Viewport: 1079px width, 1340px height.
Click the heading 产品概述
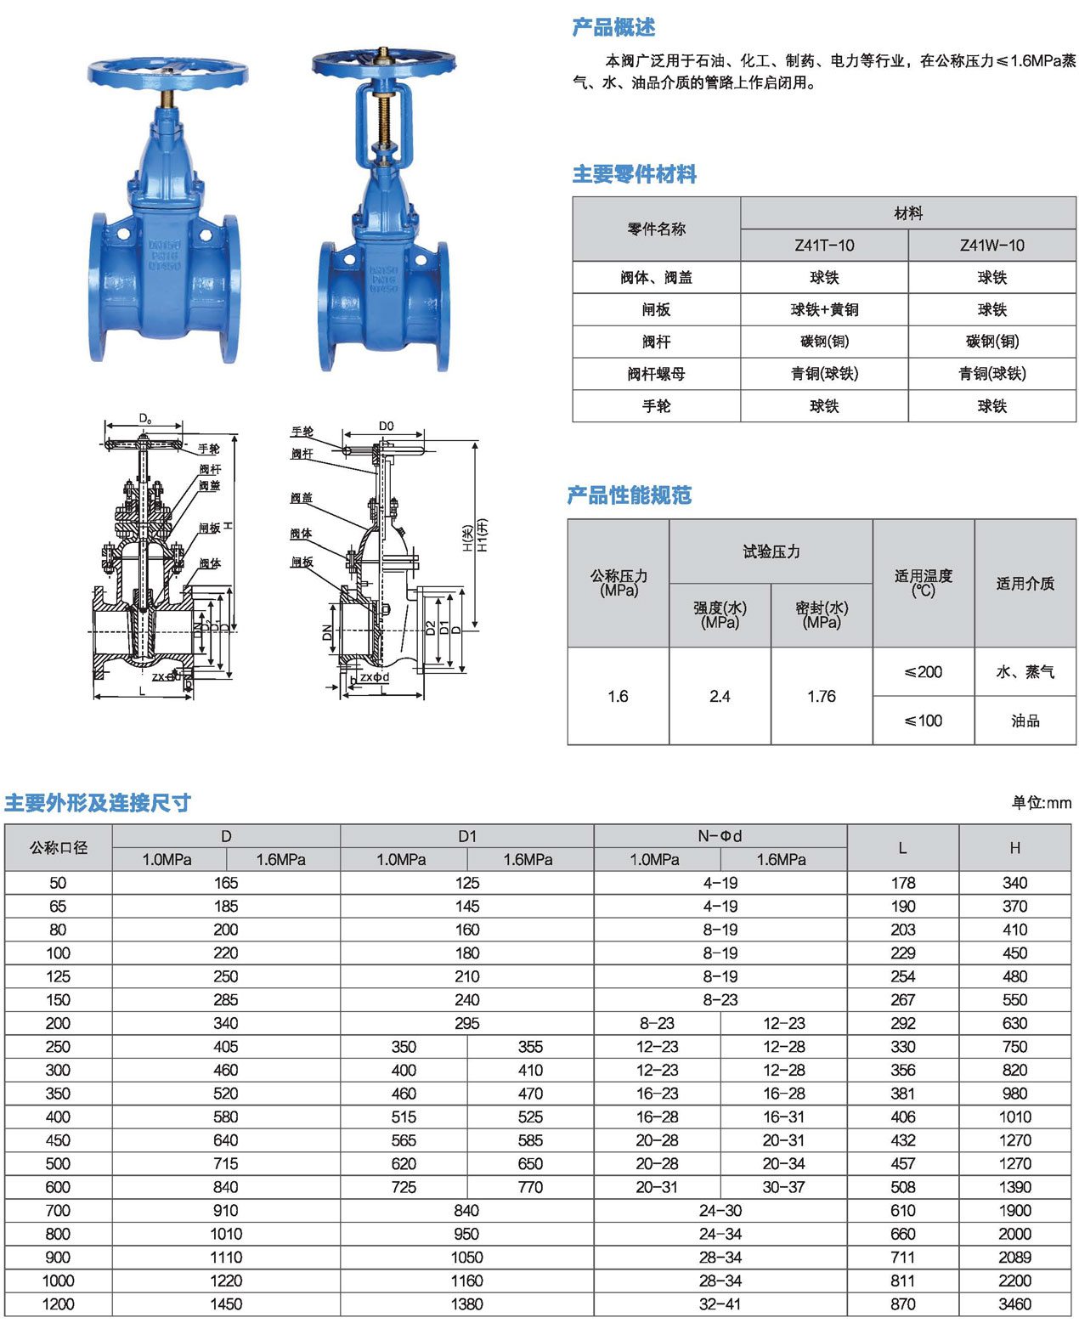[613, 27]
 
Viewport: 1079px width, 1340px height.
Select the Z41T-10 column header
[824, 246]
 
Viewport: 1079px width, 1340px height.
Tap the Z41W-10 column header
[991, 246]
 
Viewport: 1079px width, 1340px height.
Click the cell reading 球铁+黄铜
[824, 309]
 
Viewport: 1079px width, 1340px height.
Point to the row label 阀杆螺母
[656, 374]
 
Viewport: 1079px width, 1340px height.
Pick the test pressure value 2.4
[720, 696]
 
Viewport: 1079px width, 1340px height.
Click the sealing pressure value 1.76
[822, 696]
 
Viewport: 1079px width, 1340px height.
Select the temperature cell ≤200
[924, 672]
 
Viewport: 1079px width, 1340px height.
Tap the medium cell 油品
[1025, 721]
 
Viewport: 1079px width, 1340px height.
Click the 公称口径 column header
[59, 847]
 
